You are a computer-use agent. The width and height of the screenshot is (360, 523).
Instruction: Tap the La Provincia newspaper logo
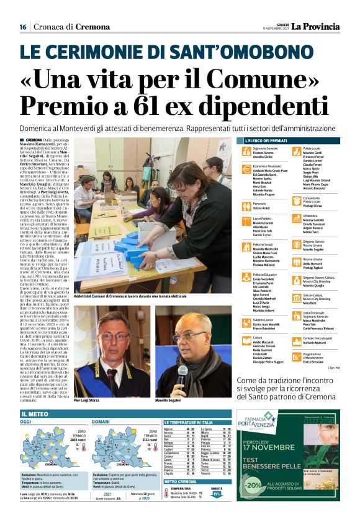pos(317,26)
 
